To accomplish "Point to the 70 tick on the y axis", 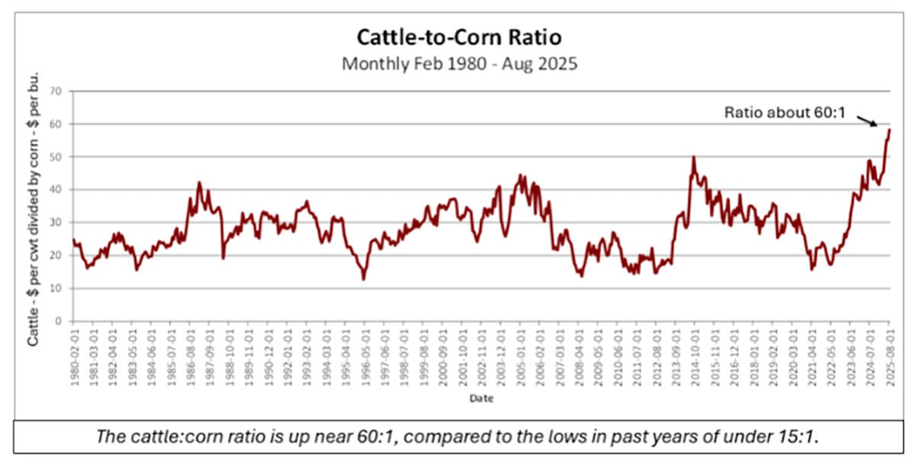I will click(x=56, y=91).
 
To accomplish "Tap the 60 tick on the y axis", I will click(x=56, y=124).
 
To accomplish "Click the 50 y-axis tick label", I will click(x=56, y=156).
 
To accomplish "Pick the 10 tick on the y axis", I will click(x=56, y=288).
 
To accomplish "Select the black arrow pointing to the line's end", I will click(x=867, y=121).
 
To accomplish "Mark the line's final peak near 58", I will click(x=889, y=130).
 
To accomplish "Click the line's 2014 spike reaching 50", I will click(x=693, y=157).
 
